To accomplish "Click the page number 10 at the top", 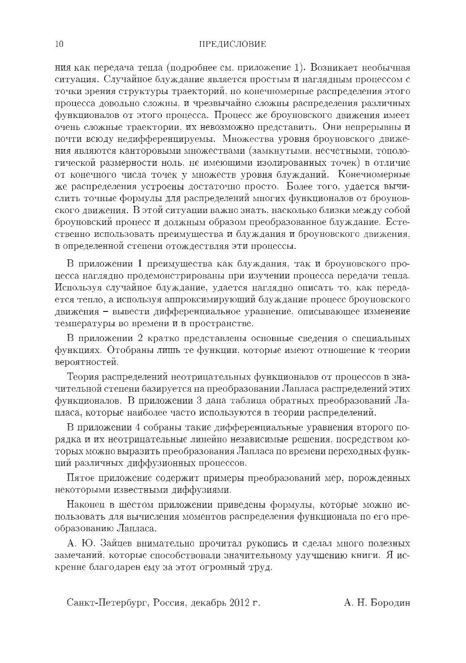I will (60, 44).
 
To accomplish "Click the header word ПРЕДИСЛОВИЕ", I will (232, 44).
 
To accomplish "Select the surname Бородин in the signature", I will (390, 603).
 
